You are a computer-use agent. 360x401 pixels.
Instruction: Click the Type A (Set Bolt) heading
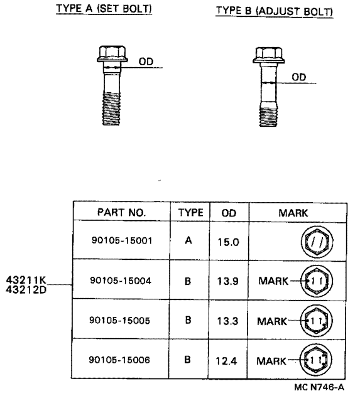click(x=104, y=8)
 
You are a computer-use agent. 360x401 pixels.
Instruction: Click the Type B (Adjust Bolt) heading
click(x=274, y=11)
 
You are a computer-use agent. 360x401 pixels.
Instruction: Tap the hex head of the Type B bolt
click(x=269, y=55)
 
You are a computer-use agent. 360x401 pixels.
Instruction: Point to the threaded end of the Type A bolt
click(x=111, y=109)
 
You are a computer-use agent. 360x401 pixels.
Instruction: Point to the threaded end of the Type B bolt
click(x=268, y=117)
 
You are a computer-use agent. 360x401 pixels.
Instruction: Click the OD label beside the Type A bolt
click(x=146, y=61)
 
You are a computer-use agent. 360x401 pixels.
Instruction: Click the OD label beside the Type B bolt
click(x=299, y=77)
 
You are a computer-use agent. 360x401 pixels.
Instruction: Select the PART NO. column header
click(x=121, y=212)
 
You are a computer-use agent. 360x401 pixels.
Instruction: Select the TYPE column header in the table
click(x=191, y=213)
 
